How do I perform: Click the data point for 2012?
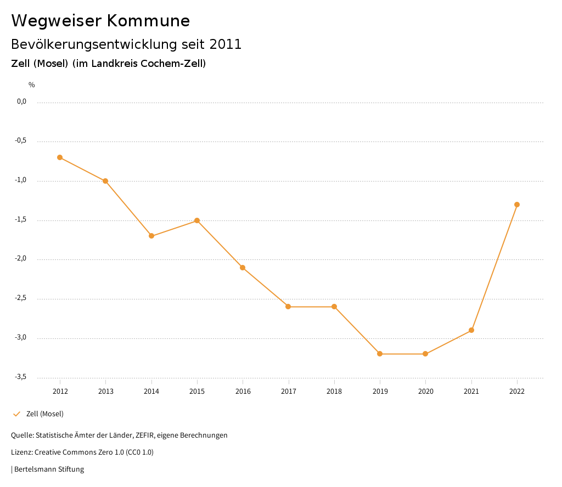[x=60, y=157]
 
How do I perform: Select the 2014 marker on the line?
[x=151, y=236]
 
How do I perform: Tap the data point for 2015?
[x=197, y=220]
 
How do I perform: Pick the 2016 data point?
[x=243, y=268]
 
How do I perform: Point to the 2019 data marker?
[x=380, y=354]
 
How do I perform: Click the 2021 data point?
[x=471, y=330]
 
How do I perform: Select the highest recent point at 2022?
[x=517, y=205]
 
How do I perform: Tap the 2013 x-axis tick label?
[x=106, y=392]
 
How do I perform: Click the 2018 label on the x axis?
[x=334, y=392]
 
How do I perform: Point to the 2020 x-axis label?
[x=426, y=392]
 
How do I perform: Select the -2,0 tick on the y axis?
[x=21, y=258]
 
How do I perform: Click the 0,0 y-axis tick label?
[x=21, y=101]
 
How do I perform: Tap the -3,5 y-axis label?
[x=21, y=377]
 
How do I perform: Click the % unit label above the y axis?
[x=32, y=85]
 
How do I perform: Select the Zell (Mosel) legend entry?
[x=44, y=414]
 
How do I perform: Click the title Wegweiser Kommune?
[x=100, y=21]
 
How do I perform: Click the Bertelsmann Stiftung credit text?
[x=49, y=469]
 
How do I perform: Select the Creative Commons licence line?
[x=82, y=452]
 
